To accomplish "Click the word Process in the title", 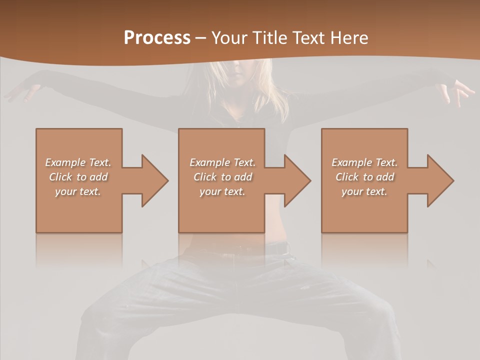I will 157,38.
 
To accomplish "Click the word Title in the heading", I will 268,38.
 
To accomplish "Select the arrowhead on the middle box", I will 297,180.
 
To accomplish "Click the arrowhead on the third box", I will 440,180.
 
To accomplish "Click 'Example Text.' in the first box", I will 78,162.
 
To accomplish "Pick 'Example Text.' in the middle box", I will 222,162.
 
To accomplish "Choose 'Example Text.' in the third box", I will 364,162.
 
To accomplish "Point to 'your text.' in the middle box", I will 222,191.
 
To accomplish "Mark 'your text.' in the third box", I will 364,191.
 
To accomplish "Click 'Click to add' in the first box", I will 78,177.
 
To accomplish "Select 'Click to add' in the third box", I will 365,177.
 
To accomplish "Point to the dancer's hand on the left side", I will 20,92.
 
